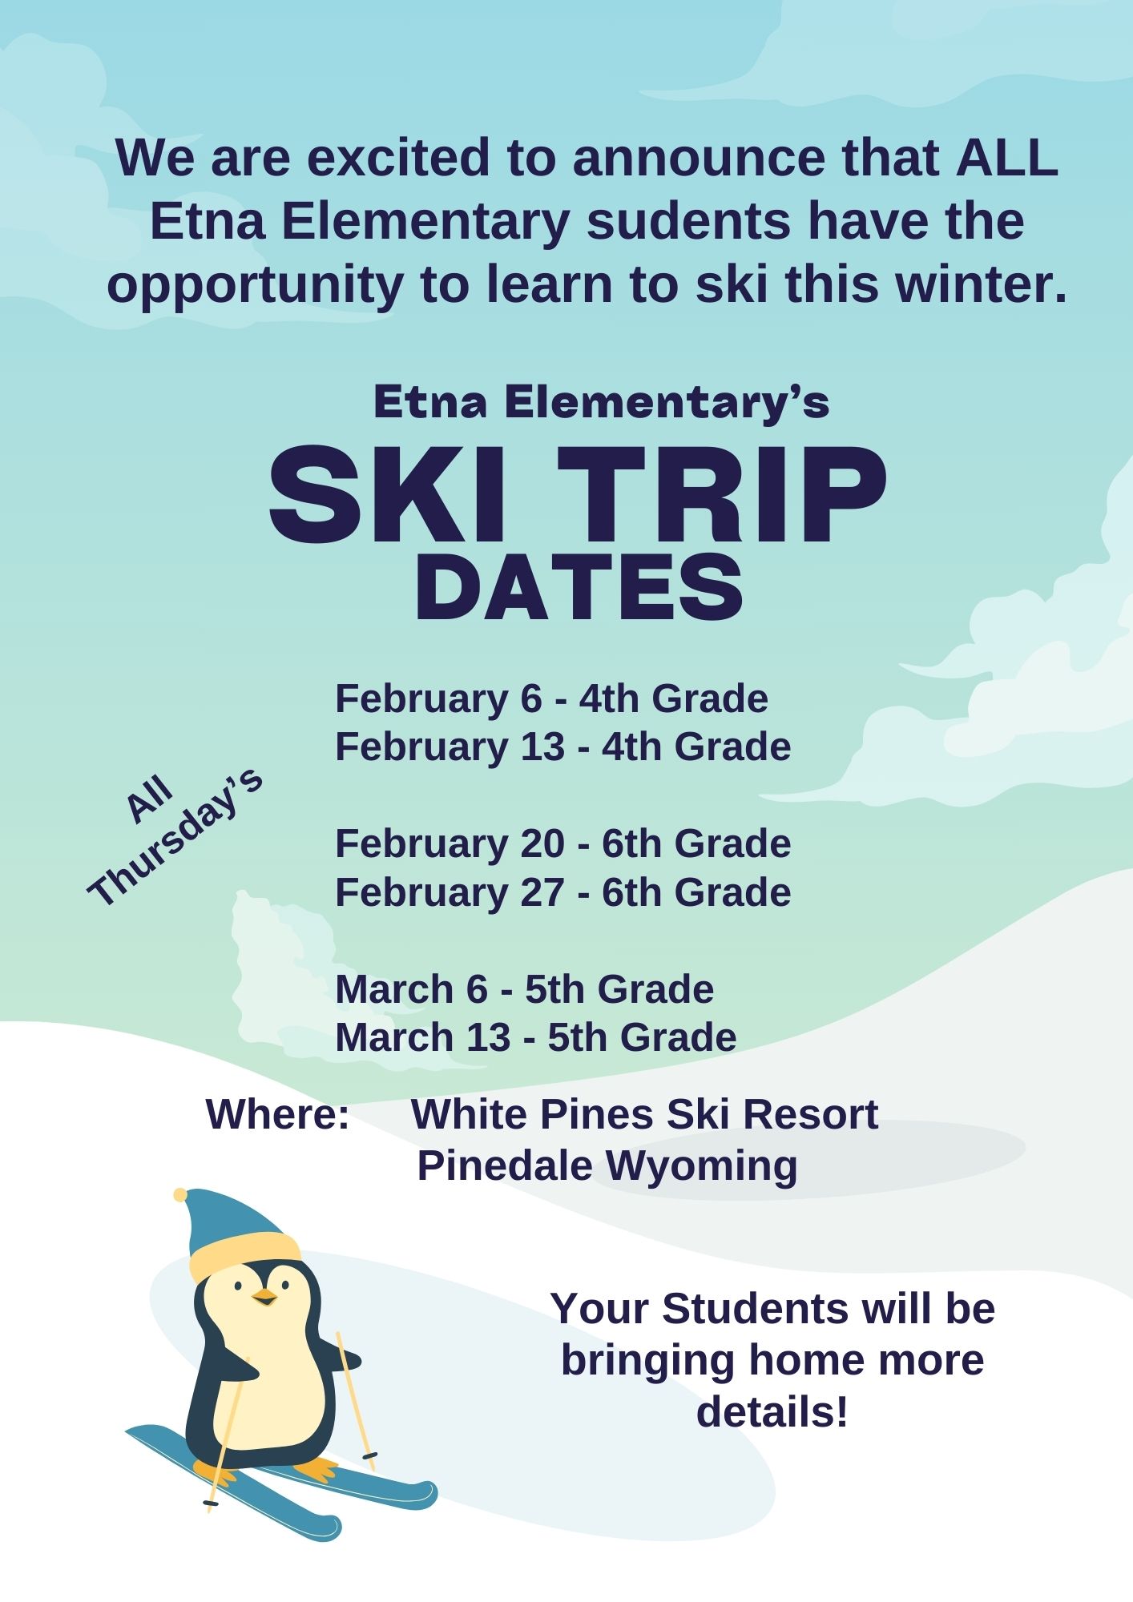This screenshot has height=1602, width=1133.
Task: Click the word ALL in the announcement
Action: (1007, 157)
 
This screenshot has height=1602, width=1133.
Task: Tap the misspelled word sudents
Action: (688, 221)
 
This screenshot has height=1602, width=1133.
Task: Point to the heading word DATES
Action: (579, 588)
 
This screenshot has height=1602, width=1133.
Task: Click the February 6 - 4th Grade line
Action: (552, 698)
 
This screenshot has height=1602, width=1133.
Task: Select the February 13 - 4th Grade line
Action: (563, 747)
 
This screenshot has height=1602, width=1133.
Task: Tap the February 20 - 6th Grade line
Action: (563, 843)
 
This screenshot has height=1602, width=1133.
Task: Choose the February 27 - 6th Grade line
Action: (563, 892)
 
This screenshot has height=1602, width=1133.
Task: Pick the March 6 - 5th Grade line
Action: (525, 989)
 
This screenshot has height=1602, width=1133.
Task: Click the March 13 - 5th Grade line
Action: (536, 1037)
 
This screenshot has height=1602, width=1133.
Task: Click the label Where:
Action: (278, 1114)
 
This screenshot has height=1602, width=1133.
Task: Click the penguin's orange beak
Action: (264, 1297)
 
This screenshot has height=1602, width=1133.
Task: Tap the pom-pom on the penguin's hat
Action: (180, 1195)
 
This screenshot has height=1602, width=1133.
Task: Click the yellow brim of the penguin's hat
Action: (244, 1255)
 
